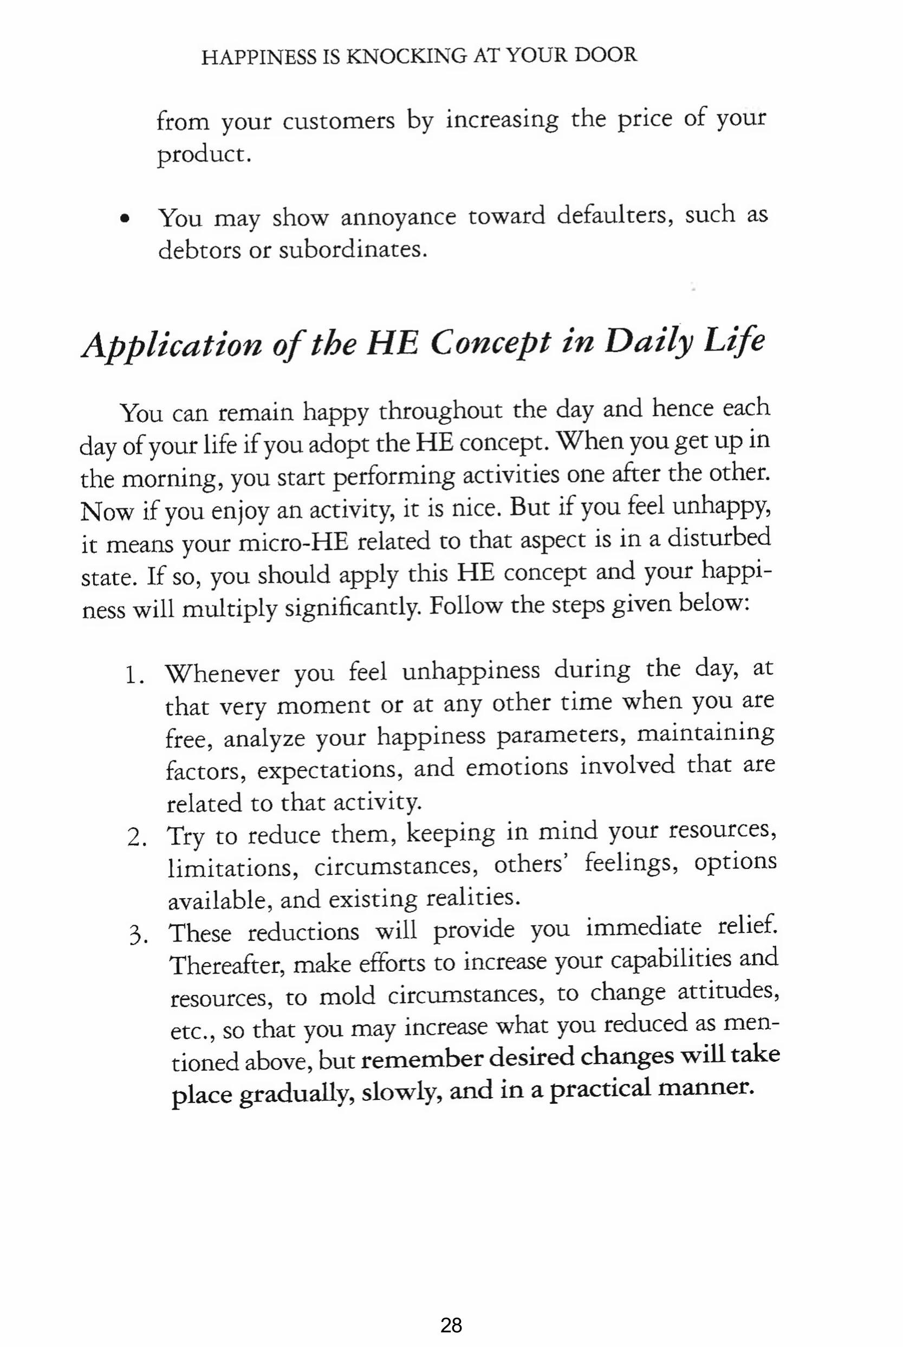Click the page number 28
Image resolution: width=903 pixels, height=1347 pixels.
click(451, 1309)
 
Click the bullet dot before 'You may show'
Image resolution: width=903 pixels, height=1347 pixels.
click(124, 219)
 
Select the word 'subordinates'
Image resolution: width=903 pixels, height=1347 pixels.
click(353, 250)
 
